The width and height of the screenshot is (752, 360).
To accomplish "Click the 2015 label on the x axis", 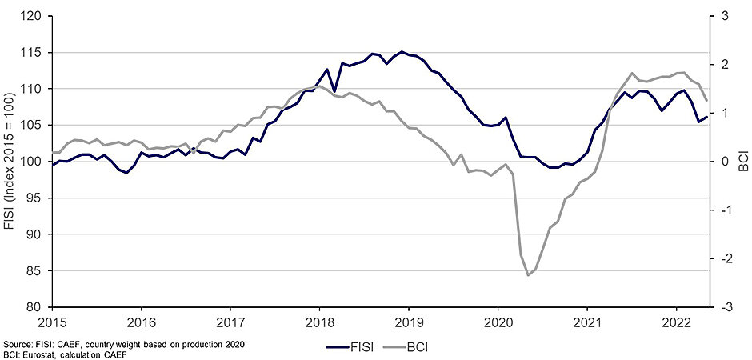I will [x=52, y=319].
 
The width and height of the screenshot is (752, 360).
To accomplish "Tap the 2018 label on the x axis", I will [x=319, y=319].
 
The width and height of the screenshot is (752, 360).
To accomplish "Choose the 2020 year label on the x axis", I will [x=498, y=319].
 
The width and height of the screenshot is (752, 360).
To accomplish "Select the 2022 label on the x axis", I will [x=676, y=319].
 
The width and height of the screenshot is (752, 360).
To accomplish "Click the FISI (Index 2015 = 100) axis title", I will [x=10, y=161].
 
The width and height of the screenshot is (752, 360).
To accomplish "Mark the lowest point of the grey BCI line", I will [x=529, y=275].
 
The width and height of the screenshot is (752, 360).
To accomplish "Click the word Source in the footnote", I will [x=16, y=343].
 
